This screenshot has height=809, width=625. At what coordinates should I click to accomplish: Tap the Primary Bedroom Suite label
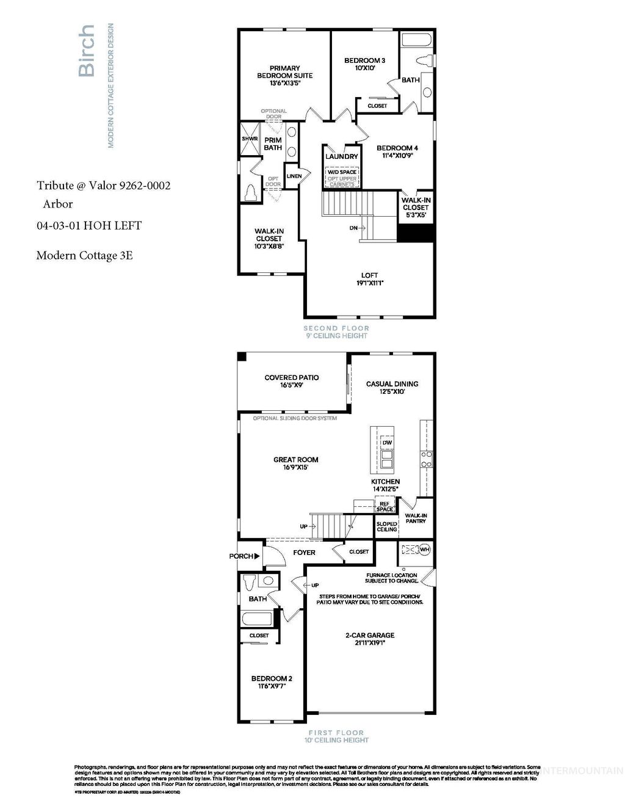(x=284, y=72)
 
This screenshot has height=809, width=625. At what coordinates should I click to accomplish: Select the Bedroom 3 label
(x=364, y=60)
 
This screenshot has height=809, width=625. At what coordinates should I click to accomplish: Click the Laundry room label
(x=342, y=156)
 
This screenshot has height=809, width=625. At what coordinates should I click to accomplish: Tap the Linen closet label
(x=294, y=176)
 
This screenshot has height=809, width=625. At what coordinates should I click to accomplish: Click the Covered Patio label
(x=291, y=377)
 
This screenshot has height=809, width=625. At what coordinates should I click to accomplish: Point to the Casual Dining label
(x=392, y=384)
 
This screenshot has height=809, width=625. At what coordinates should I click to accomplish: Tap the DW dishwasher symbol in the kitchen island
(x=387, y=441)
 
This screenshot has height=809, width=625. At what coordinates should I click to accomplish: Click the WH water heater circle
(x=425, y=549)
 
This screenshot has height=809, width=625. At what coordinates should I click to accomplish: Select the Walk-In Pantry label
(x=416, y=518)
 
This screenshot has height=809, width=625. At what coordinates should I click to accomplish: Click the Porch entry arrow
(x=257, y=556)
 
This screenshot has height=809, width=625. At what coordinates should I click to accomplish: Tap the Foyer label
(x=304, y=553)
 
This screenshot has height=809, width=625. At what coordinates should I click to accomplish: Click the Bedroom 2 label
(x=272, y=678)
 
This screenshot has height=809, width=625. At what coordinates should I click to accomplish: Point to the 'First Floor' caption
(x=336, y=733)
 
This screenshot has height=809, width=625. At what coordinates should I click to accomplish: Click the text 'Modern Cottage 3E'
(x=84, y=255)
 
